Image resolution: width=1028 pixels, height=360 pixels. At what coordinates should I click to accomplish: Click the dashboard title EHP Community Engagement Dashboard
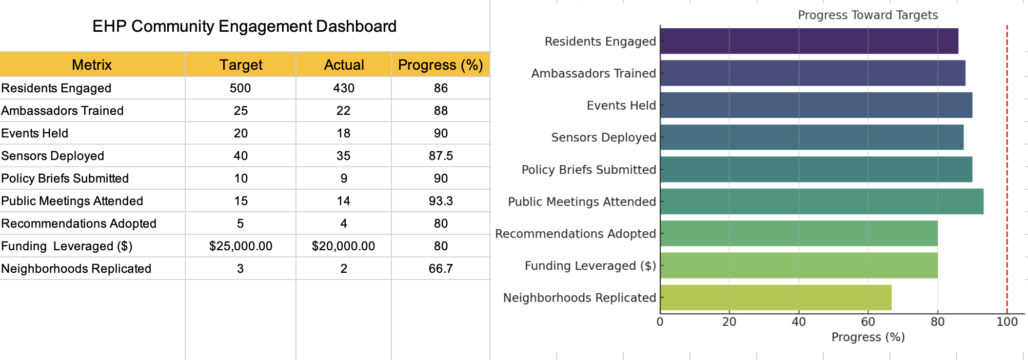tap(244, 26)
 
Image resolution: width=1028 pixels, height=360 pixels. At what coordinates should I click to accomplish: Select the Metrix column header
tap(92, 65)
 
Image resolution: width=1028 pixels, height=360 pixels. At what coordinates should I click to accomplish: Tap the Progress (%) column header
tap(440, 65)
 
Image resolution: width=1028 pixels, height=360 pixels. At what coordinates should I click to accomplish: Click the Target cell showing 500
tap(240, 88)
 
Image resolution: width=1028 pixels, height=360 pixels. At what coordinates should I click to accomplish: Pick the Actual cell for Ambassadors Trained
tap(343, 111)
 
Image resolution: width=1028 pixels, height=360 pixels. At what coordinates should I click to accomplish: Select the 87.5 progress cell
tap(441, 156)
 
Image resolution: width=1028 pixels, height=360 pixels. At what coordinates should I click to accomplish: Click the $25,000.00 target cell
tap(241, 246)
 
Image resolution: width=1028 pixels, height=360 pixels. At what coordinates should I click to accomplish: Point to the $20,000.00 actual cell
tap(343, 246)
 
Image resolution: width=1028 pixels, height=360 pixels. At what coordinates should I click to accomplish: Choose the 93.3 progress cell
tap(441, 201)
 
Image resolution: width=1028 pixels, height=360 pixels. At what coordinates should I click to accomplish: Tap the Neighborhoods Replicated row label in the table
tap(76, 269)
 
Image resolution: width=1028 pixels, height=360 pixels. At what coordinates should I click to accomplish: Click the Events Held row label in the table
tap(35, 133)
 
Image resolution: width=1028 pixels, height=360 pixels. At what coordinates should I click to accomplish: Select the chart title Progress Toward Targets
tap(867, 15)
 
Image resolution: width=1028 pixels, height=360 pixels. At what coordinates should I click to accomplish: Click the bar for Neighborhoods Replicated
tap(776, 297)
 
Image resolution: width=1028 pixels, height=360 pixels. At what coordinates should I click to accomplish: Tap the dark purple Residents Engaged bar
tap(809, 41)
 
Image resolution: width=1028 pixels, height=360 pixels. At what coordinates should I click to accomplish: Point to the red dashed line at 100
tap(1007, 169)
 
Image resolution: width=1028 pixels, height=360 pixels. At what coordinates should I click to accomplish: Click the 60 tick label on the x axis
tap(868, 322)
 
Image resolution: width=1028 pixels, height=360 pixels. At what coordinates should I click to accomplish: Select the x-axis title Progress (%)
tap(868, 337)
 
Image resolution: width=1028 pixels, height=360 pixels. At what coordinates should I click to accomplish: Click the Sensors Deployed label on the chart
tap(603, 137)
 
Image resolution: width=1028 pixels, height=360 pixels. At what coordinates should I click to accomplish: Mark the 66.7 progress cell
tap(441, 269)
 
